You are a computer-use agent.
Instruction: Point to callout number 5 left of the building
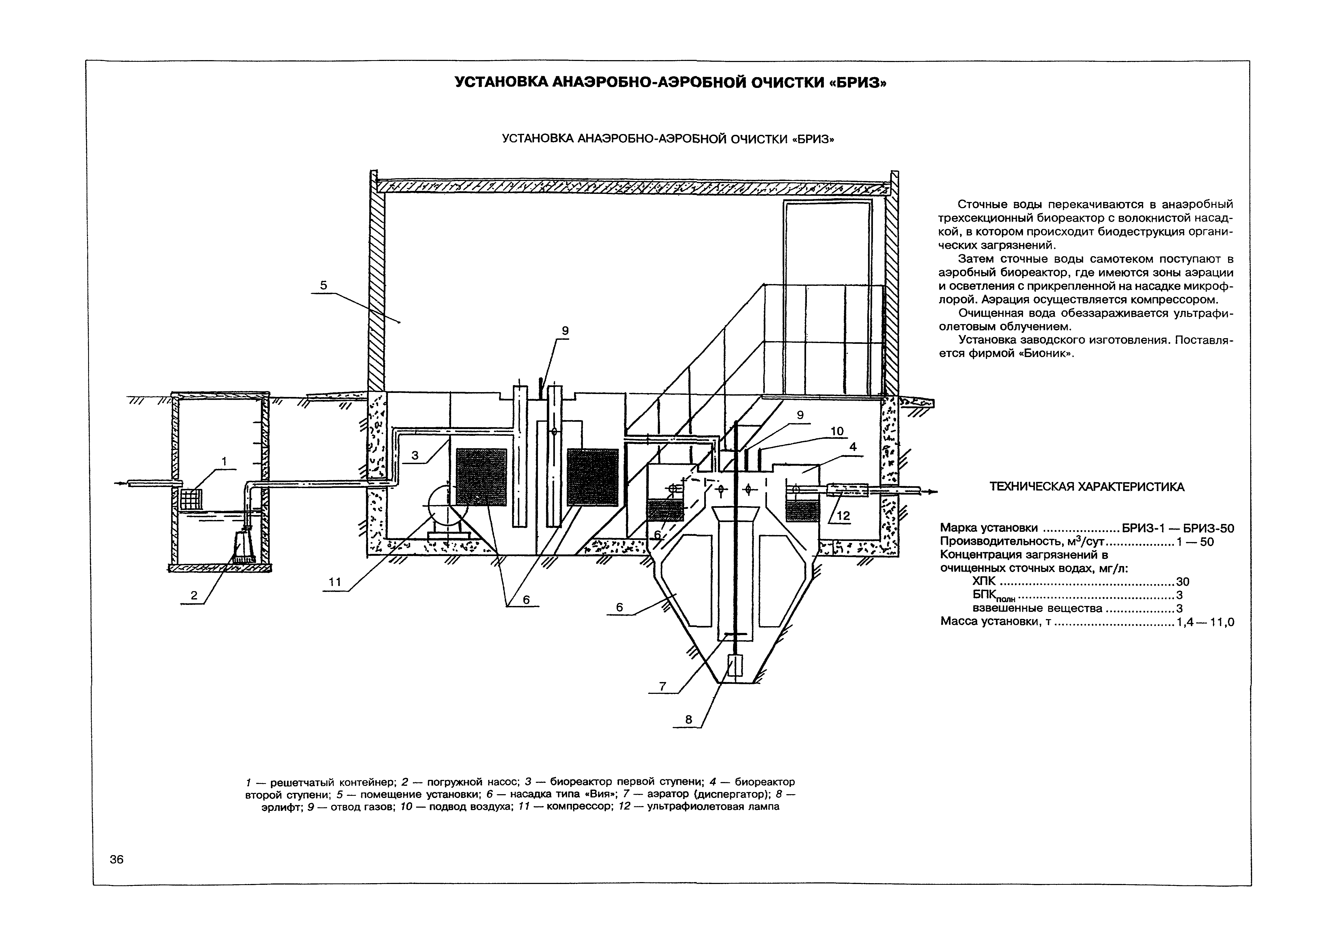click(324, 285)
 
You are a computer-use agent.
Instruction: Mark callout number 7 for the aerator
click(662, 686)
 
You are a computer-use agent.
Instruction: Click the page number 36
click(116, 859)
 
